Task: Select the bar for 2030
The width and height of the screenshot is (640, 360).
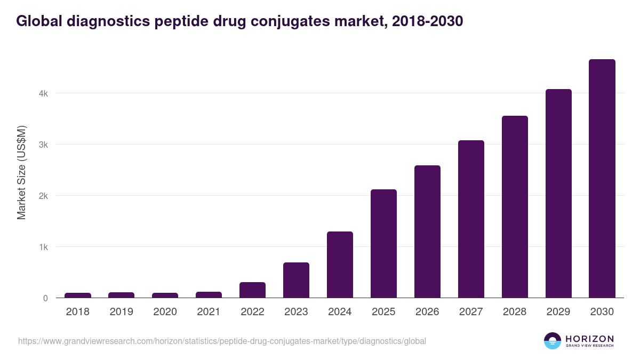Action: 602,179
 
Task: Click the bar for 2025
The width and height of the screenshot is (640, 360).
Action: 383,244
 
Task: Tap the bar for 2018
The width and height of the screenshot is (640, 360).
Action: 78,295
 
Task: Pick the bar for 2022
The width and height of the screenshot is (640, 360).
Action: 252,290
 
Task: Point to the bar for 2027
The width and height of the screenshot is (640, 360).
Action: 471,219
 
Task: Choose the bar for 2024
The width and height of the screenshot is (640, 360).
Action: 340,265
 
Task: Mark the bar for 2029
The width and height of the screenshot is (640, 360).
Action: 558,194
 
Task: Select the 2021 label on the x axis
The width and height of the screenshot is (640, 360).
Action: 209,312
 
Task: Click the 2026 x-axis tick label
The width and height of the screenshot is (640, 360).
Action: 427,312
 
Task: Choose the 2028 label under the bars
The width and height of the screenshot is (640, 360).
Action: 515,312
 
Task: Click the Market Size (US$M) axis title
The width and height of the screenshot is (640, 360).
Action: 21,172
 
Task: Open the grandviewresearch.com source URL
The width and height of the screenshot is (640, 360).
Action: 222,341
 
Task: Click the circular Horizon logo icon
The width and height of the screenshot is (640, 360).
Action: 553,341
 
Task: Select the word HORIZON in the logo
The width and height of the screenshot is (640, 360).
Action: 589,339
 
